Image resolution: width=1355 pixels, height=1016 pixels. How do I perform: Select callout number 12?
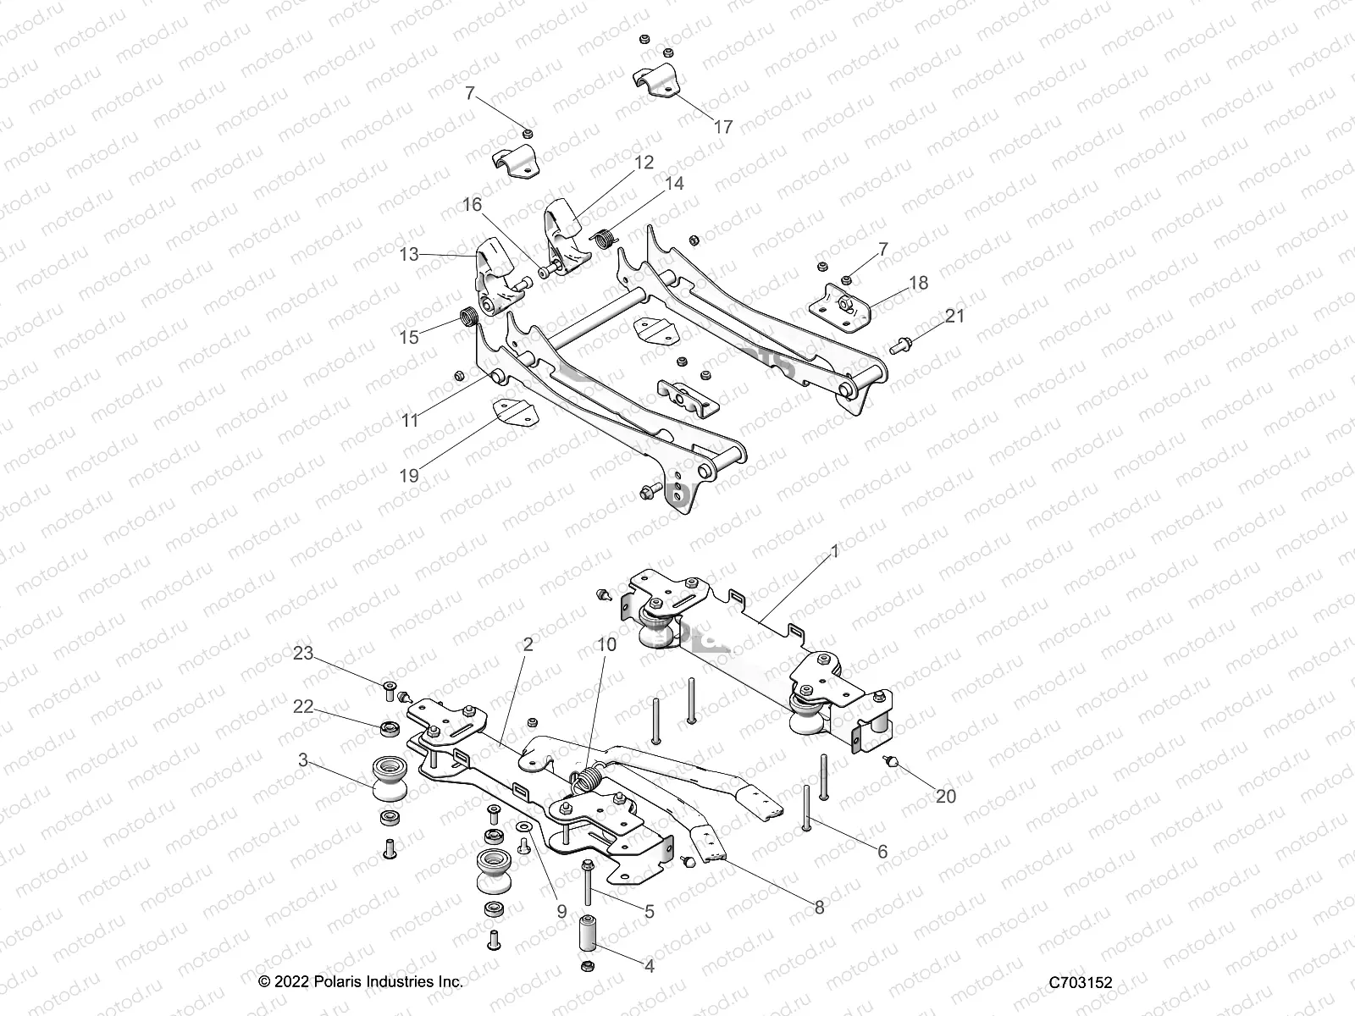click(x=644, y=162)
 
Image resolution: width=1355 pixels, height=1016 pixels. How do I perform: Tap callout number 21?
click(x=954, y=316)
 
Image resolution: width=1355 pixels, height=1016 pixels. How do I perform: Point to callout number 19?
click(x=409, y=476)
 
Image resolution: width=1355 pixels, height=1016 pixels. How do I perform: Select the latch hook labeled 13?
click(x=494, y=269)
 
